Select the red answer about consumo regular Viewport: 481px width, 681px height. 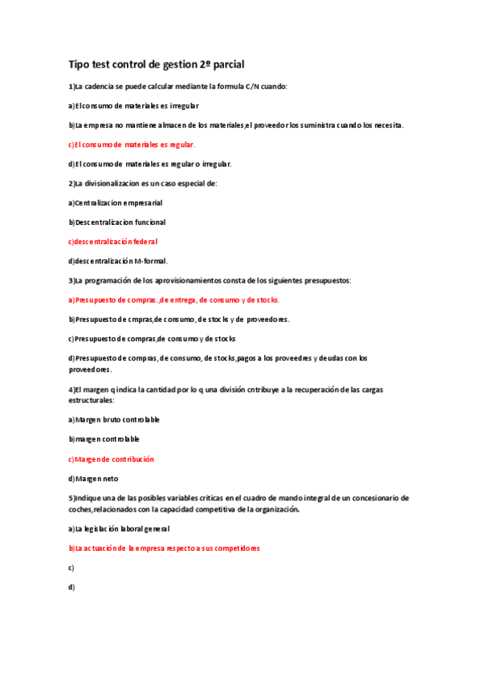(132, 145)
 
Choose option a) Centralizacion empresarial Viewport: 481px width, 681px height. (116, 203)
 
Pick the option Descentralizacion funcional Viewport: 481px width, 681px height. (116, 222)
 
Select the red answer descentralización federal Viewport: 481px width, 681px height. (112, 242)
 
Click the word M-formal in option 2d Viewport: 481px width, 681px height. (150, 261)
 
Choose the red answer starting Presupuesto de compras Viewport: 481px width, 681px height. (173, 300)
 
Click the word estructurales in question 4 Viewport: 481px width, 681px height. (91, 399)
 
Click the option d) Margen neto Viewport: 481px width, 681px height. (93, 479)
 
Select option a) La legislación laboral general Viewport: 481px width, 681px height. (119, 529)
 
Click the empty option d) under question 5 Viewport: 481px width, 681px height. (71, 587)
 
